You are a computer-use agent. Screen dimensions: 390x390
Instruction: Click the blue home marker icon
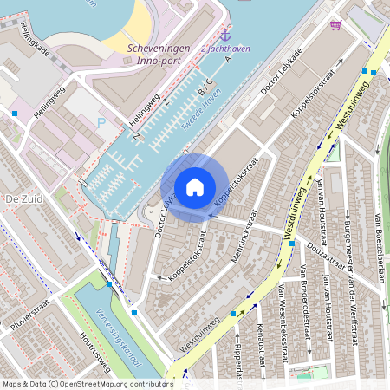pos(195,186)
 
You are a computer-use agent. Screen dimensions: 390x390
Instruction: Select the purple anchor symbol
pos(225,35)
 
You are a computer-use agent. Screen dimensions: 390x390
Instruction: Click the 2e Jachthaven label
pos(225,49)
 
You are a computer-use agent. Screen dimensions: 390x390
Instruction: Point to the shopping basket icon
pos(335,24)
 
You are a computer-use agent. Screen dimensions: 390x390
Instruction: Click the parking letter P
pos(101,123)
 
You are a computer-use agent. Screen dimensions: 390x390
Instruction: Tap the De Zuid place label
pos(23,198)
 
